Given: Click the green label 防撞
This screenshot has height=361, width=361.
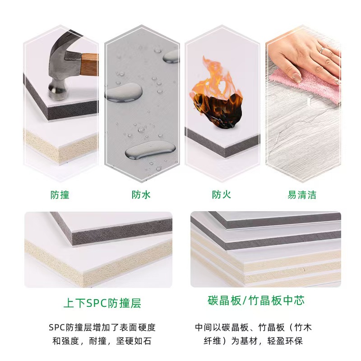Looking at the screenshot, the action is click(x=60, y=195).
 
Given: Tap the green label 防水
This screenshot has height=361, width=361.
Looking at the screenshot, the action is click(x=141, y=195).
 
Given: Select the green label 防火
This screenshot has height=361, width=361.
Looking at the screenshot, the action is click(x=221, y=194).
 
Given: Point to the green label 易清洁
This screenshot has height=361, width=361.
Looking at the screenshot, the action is click(x=302, y=195).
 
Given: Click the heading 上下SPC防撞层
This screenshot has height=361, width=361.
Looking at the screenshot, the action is click(x=102, y=303).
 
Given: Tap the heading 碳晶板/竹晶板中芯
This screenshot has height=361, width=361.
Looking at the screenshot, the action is click(x=256, y=301).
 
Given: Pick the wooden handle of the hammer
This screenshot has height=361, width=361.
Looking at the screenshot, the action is click(x=89, y=65).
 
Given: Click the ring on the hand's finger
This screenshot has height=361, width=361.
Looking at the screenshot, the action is click(x=322, y=50).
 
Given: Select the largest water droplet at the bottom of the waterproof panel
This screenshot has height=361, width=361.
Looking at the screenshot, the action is click(x=150, y=150).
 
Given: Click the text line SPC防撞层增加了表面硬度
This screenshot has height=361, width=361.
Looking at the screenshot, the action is click(x=102, y=327).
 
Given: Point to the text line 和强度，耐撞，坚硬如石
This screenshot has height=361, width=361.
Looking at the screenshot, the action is click(x=102, y=341).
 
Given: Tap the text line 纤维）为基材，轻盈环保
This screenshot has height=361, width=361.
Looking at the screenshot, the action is click(x=253, y=341).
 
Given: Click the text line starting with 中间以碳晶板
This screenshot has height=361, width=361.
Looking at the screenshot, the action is click(x=253, y=327).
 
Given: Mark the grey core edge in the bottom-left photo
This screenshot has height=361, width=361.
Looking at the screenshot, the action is click(x=122, y=232).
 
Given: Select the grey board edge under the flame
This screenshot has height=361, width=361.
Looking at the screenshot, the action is click(x=222, y=144).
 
